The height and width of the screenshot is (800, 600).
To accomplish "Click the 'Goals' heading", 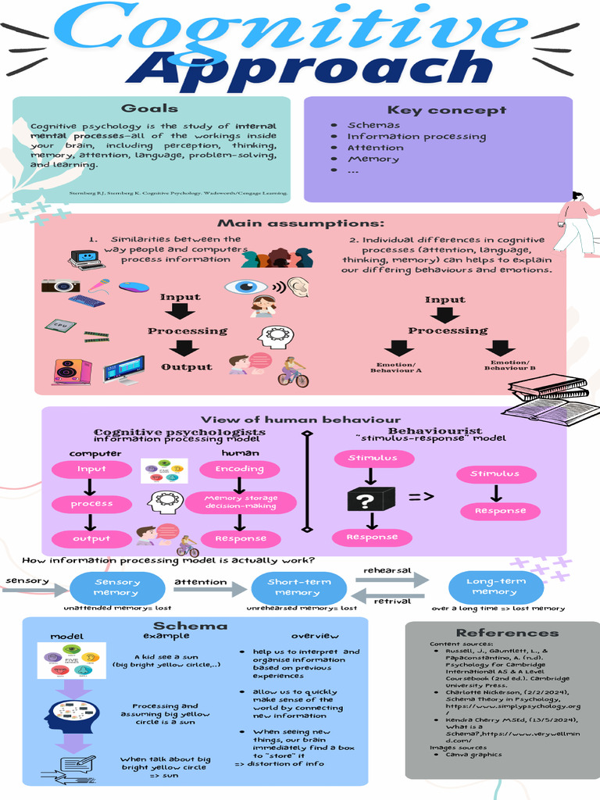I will [149, 109].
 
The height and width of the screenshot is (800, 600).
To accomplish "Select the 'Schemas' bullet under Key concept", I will [373, 125].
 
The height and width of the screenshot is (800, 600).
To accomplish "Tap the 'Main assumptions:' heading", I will [301, 224].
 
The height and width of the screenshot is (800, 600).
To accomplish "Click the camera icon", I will [60, 286].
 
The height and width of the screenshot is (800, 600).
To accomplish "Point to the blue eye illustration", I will [246, 287].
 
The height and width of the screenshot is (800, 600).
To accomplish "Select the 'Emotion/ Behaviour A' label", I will [398, 367].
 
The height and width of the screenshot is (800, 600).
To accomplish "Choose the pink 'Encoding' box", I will [240, 469].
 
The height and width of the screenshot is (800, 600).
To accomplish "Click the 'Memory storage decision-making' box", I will [241, 502].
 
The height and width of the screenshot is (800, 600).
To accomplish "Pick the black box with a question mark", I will [371, 498].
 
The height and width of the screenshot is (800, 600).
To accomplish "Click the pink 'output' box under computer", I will [91, 538].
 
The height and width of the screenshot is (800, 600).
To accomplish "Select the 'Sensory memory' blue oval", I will [117, 587].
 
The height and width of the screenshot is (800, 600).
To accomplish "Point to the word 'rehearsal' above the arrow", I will [387, 570].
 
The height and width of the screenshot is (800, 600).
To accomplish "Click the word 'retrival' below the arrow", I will [392, 602].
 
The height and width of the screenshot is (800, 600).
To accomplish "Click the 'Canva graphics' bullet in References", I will [473, 755].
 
